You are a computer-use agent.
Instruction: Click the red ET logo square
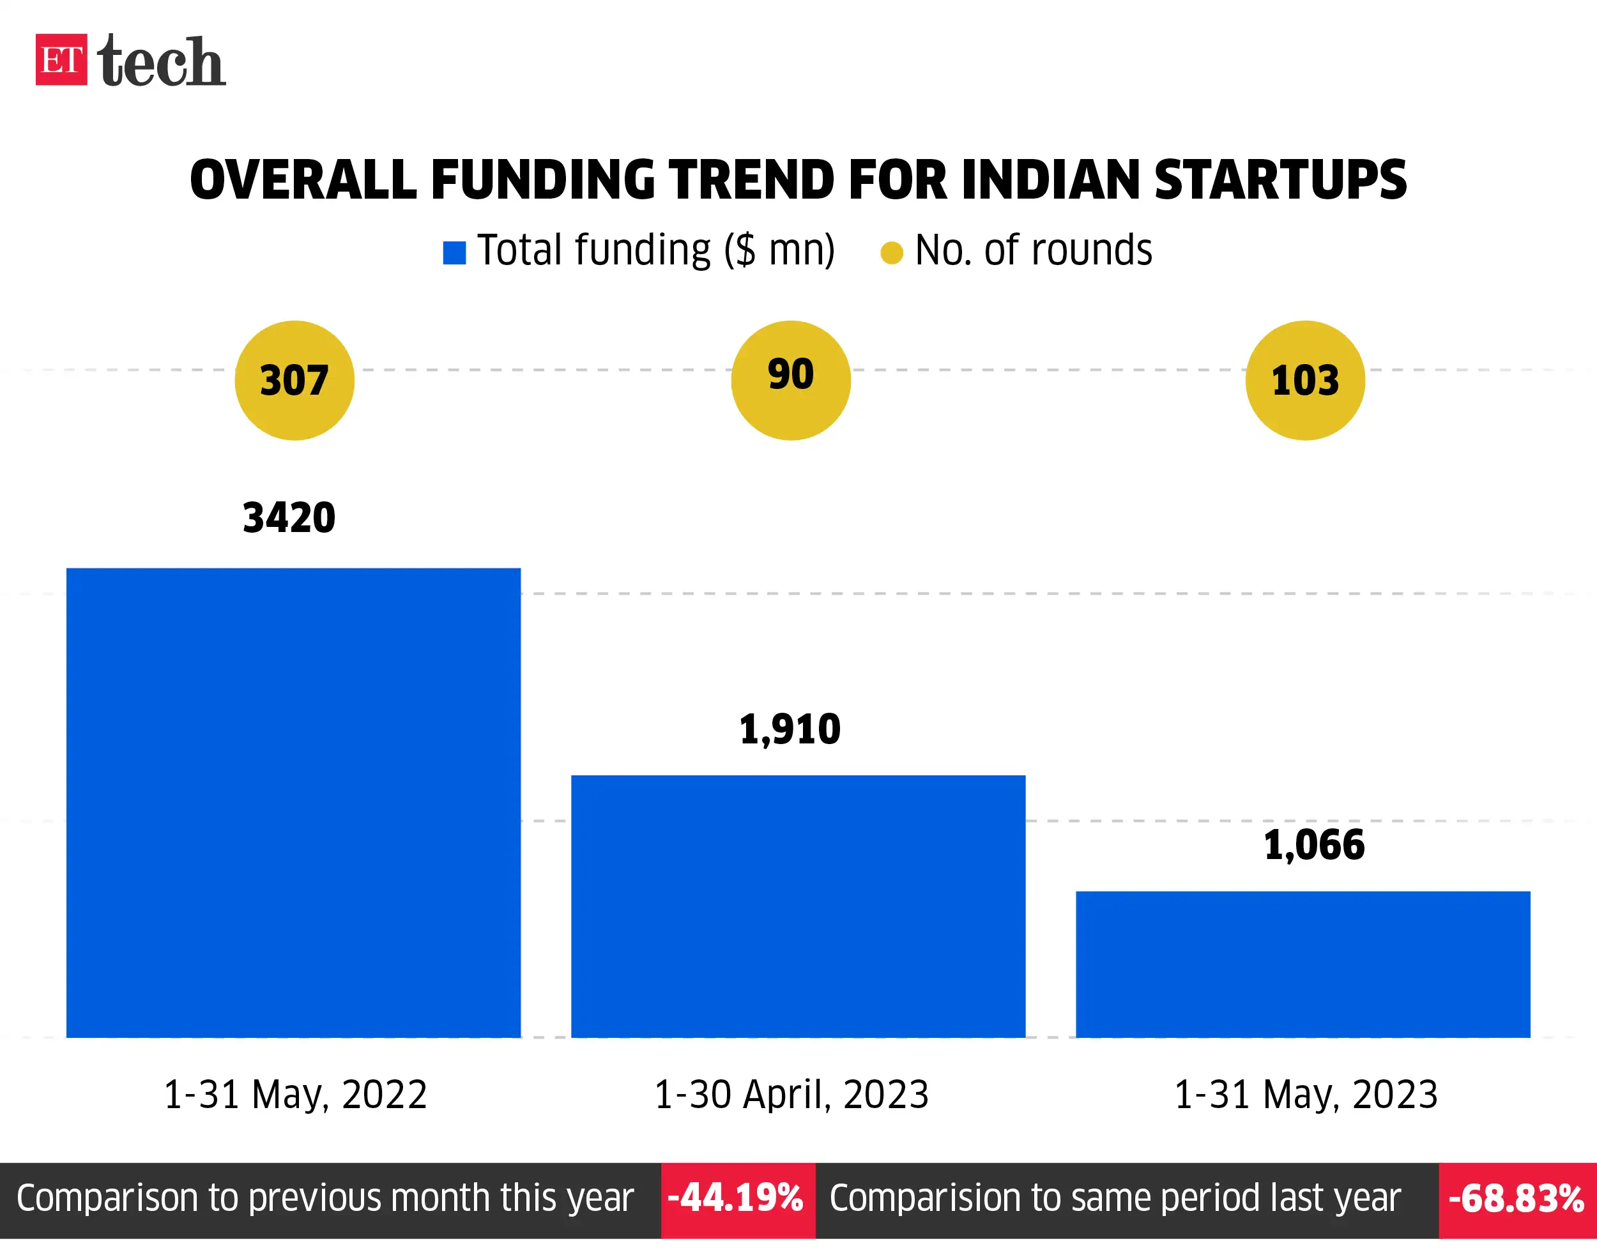(61, 59)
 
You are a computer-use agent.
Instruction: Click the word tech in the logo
(161, 62)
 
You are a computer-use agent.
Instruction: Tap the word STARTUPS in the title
(1280, 180)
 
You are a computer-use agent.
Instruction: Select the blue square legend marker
(454, 253)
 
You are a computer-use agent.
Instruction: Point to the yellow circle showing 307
(294, 381)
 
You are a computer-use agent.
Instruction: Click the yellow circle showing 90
(790, 381)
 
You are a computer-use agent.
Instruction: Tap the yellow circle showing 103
(1304, 381)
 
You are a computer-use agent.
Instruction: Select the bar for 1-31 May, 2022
(293, 802)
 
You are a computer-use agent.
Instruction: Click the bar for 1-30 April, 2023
(797, 906)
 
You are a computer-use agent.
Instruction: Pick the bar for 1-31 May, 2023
(1303, 964)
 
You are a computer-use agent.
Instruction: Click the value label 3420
(289, 518)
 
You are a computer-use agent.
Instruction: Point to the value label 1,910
(790, 729)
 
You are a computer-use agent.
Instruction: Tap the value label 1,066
(1313, 845)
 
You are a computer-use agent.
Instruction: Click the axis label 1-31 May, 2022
(294, 1095)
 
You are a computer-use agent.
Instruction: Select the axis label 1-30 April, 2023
(791, 1095)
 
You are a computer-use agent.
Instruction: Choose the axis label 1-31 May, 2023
(1305, 1095)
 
